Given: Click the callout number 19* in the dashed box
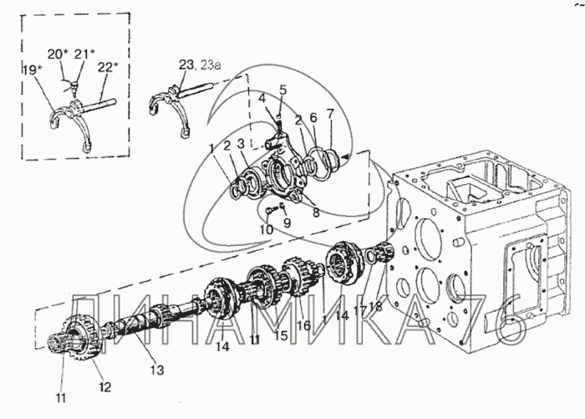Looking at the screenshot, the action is [x=33, y=70].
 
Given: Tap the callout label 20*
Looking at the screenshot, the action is [x=57, y=54].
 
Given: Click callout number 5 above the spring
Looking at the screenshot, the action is [x=283, y=89].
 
